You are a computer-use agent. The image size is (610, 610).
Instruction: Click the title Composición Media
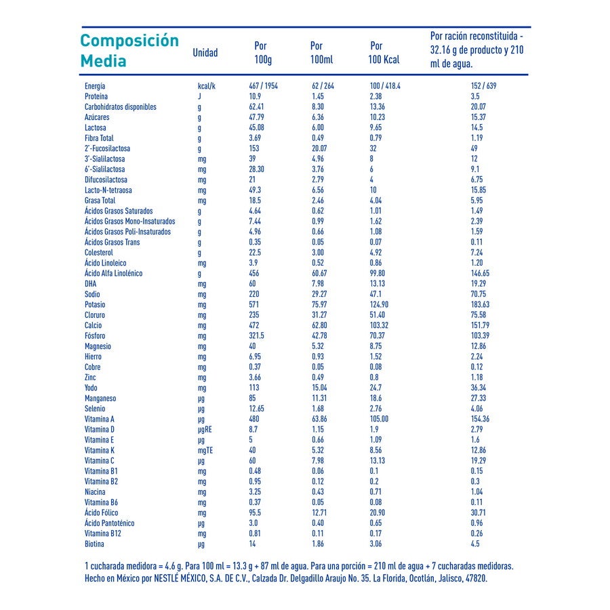[129, 50]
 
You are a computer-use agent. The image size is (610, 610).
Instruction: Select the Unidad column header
[205, 53]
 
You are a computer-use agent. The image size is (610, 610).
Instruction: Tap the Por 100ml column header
[321, 53]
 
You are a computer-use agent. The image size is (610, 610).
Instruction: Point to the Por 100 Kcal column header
[384, 53]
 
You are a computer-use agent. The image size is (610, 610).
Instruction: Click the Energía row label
[95, 86]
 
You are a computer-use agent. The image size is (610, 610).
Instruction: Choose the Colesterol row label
[100, 253]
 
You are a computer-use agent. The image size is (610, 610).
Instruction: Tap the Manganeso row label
[100, 399]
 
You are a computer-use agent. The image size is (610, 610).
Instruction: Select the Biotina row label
[95, 544]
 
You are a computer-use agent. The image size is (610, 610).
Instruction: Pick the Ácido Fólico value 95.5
[256, 513]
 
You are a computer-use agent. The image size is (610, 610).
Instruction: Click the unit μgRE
[205, 430]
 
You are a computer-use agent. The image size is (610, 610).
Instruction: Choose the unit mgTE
[205, 451]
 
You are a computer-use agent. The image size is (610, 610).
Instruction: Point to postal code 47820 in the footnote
[475, 579]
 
